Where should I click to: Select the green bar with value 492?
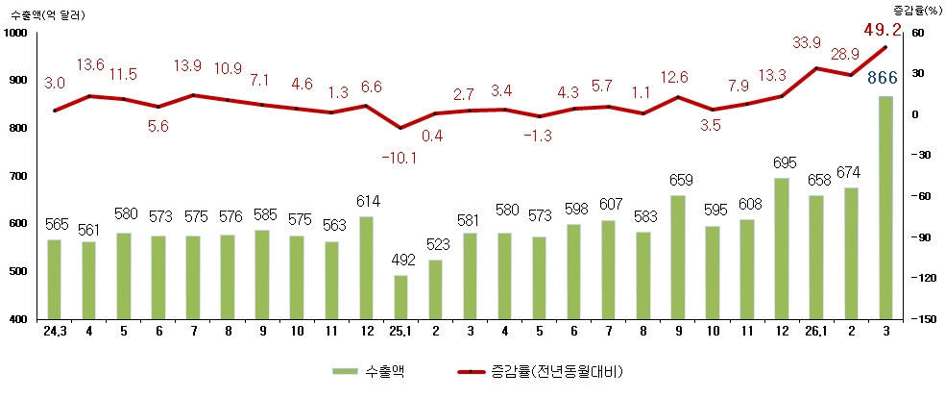coord(400,297)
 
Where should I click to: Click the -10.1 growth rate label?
coord(400,157)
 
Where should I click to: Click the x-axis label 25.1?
coord(400,332)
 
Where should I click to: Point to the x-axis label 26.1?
coord(815,332)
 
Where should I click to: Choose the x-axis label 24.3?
coord(55,332)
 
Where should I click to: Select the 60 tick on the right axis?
coord(916,34)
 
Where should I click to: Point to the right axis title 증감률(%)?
coord(916,9)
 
